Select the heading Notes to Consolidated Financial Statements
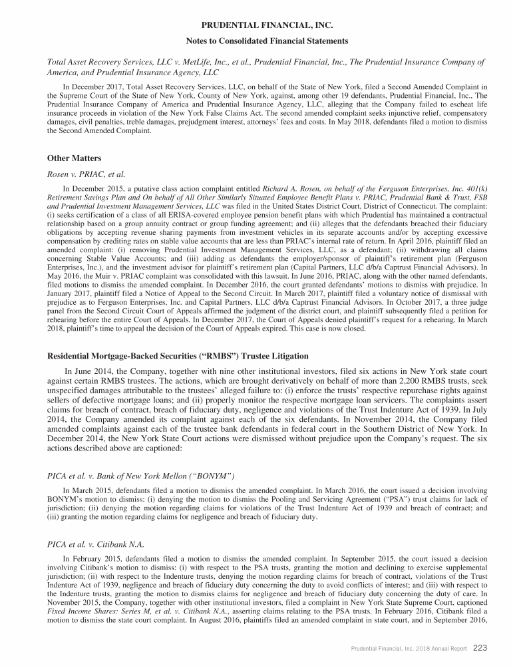coord(255,41)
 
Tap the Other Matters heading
coord(75,159)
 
